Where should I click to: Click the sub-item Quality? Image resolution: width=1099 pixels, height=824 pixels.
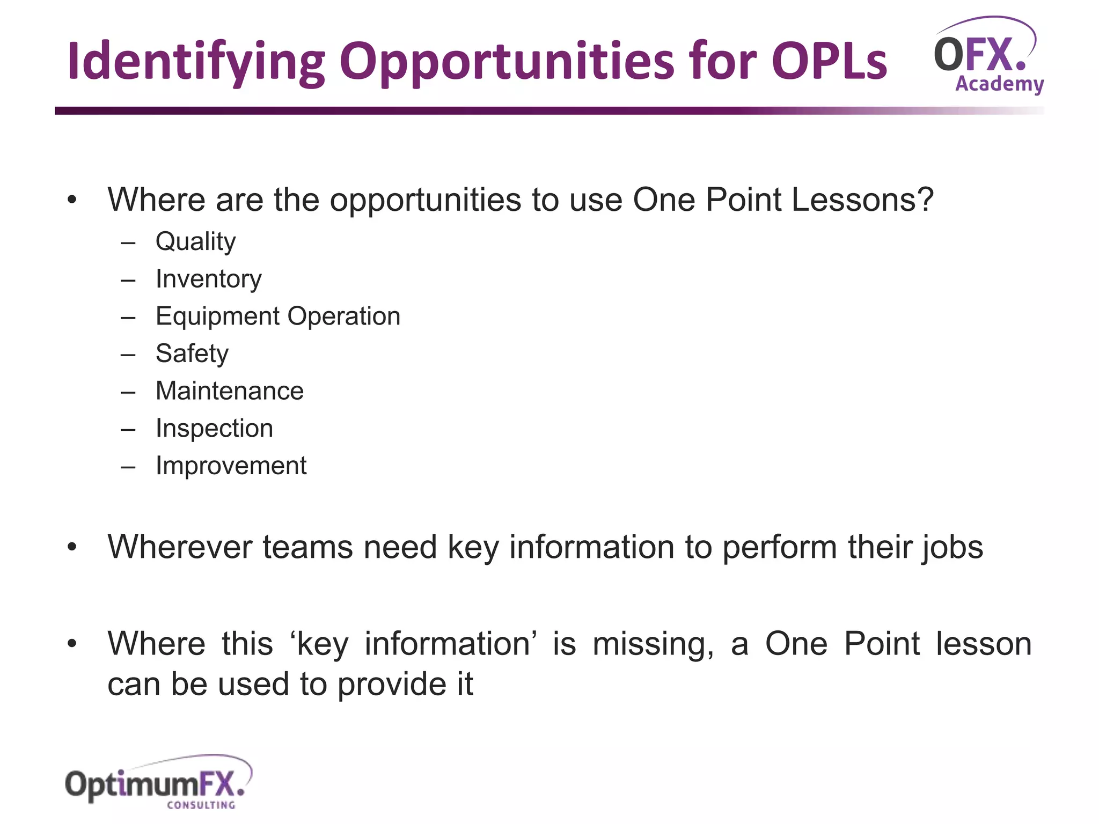coord(195,242)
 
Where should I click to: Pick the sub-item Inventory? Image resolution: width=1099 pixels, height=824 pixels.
coord(208,279)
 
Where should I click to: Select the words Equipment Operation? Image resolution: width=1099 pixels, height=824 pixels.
coord(278,317)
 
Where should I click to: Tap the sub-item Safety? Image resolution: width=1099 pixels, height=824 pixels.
coord(192,354)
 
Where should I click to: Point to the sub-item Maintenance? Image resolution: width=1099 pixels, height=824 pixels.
coord(229,391)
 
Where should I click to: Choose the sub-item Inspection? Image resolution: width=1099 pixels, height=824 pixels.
coord(214,429)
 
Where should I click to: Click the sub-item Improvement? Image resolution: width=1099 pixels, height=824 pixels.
coord(231,466)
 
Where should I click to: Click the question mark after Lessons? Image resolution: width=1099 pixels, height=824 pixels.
coord(925,200)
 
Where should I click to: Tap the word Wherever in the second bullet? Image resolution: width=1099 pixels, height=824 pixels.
coord(180,547)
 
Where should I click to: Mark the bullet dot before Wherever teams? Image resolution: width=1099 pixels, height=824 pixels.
coord(72,548)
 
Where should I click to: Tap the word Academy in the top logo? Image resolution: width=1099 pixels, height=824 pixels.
coord(999,84)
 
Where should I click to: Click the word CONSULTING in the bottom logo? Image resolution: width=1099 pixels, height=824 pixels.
coord(201,805)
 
